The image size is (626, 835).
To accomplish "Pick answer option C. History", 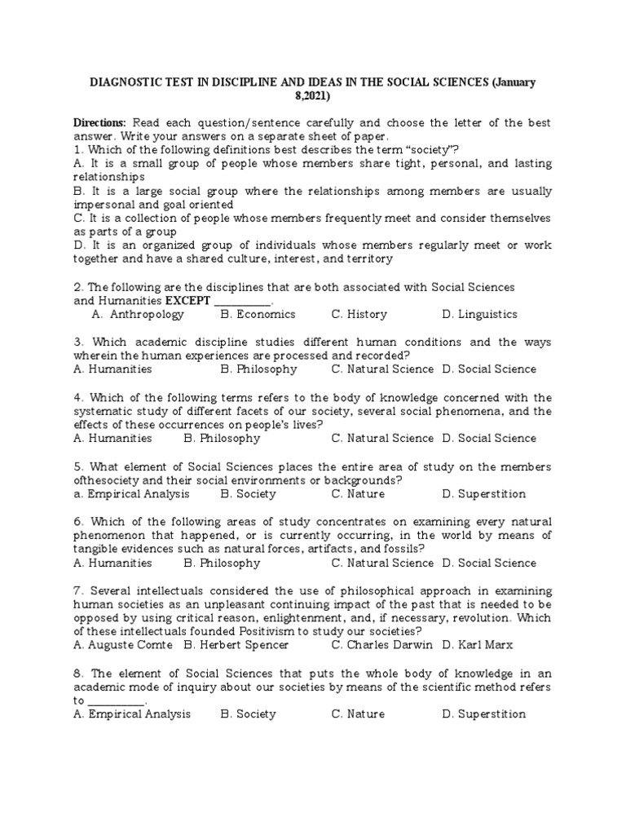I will point(359,314).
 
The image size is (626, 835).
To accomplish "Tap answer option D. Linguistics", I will point(479,314).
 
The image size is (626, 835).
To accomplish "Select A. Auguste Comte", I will point(122,645).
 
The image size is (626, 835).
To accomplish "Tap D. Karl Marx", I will point(478,645).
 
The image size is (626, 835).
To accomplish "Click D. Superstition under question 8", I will point(483,714).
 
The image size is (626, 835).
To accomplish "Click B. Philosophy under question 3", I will point(258,369).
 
